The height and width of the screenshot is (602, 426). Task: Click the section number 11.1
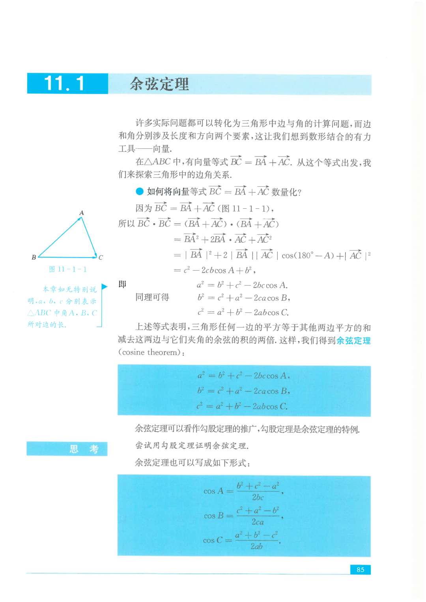pos(64,84)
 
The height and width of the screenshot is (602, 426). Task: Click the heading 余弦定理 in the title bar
pos(159,84)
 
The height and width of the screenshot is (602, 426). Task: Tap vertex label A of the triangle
pos(82,213)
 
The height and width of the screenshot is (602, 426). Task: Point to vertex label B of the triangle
pos(34,257)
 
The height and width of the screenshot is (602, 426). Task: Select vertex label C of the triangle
pos(101,258)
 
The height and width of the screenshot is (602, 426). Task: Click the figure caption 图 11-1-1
pos(68,269)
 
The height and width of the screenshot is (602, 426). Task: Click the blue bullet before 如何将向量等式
pos(139,192)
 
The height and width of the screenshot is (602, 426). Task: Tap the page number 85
pos(360,570)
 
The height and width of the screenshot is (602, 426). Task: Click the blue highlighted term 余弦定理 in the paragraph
pos(353,340)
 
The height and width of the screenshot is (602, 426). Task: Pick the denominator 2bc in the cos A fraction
pos(258,497)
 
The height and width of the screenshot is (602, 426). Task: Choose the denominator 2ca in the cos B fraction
pos(258,522)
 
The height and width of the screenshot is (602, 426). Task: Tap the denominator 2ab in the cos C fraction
pos(256,546)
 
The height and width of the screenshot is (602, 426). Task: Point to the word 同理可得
pos(152,297)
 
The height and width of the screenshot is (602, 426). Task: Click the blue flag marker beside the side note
pos(104,287)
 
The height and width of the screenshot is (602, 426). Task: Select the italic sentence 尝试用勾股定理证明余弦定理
pos(192,446)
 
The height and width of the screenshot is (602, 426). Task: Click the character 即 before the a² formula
pos(122,284)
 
